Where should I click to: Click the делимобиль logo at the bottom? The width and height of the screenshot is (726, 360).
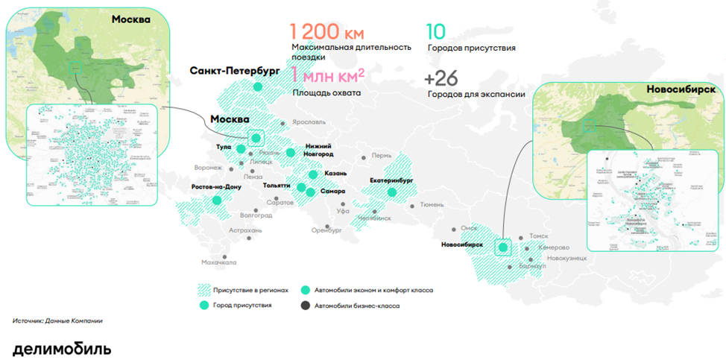pyautogui.click(x=62, y=348)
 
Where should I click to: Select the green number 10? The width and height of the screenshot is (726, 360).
pyautogui.click(x=437, y=31)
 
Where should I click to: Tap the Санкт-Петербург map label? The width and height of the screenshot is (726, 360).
pyautogui.click(x=234, y=72)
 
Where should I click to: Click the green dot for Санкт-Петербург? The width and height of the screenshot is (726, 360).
pyautogui.click(x=257, y=87)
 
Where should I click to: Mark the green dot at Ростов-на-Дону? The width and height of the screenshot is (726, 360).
pyautogui.click(x=217, y=200)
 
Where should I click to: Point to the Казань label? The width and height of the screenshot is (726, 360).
pyautogui.click(x=335, y=173)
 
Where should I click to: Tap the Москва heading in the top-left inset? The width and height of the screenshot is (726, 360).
pyautogui.click(x=131, y=19)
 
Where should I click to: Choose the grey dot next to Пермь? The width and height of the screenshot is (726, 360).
pyautogui.click(x=364, y=157)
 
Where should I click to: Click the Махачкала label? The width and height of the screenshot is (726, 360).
pyautogui.click(x=218, y=262)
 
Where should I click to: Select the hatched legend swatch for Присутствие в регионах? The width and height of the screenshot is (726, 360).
pyautogui.click(x=206, y=290)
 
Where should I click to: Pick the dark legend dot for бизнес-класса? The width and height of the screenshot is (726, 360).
pyautogui.click(x=304, y=306)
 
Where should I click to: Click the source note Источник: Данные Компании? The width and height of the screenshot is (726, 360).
pyautogui.click(x=57, y=320)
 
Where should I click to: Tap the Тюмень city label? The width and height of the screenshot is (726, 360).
pyautogui.click(x=432, y=204)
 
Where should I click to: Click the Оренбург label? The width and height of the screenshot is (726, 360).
pyautogui.click(x=326, y=231)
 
